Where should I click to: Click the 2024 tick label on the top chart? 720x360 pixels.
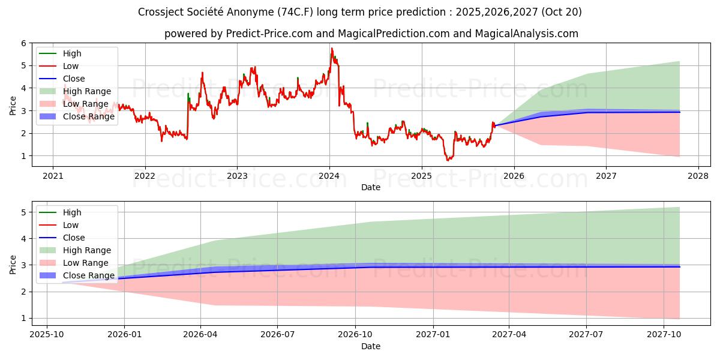coord(329,176)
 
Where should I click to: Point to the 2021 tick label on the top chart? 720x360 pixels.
coord(53,176)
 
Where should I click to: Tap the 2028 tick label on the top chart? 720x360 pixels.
coord(698,176)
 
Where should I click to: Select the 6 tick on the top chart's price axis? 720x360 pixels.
coord(23,43)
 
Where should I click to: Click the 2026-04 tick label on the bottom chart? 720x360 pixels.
coord(200,335)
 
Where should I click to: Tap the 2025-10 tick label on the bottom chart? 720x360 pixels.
coord(46,335)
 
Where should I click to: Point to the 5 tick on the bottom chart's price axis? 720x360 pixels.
coord(23,212)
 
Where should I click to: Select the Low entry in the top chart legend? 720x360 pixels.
coord(71,66)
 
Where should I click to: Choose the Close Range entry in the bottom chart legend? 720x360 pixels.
coord(89,275)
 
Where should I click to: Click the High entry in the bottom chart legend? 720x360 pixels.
coord(72,212)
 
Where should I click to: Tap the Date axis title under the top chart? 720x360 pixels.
coord(370,187)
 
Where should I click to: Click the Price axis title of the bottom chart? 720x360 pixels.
coord(13,264)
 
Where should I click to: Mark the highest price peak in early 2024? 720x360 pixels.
coord(332,48)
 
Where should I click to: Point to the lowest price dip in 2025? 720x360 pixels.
coord(447,160)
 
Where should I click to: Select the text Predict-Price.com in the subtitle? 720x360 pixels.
coord(269,34)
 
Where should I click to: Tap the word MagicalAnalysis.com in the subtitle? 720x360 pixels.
coord(526,34)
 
